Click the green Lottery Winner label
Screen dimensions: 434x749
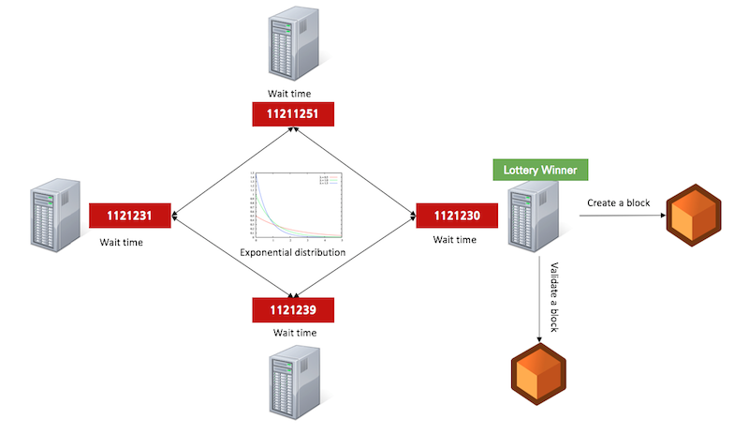pos(540,170)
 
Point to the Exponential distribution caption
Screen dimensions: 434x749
pos(293,253)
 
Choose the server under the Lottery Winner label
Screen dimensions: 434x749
pos(529,217)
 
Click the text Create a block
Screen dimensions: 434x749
pos(620,202)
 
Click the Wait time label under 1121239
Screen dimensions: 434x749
pos(294,332)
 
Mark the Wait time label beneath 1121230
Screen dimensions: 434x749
pos(455,240)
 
